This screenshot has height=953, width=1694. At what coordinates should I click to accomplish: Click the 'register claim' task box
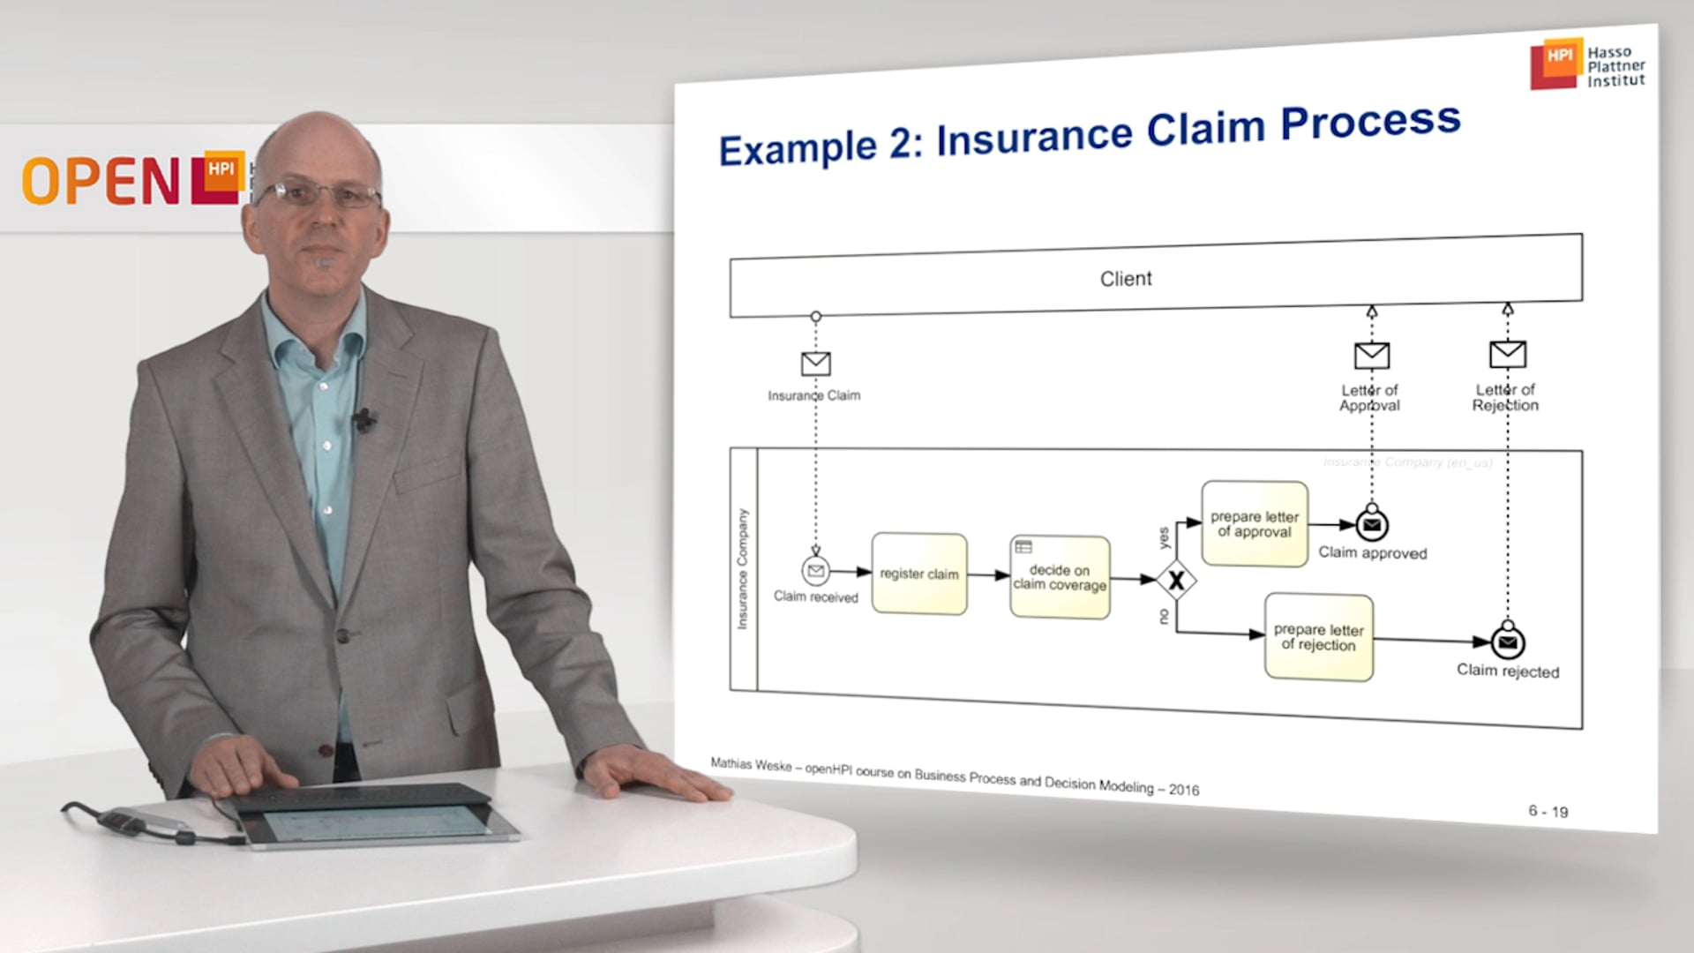pyautogui.click(x=918, y=574)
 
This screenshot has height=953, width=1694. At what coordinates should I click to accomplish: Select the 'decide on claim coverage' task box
pyautogui.click(x=1060, y=577)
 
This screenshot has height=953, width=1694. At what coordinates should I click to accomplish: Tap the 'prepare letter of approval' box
pyautogui.click(x=1254, y=524)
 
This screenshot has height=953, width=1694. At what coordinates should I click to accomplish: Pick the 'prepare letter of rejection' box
pyautogui.click(x=1318, y=637)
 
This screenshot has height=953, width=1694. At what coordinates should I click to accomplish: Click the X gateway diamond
pyautogui.click(x=1176, y=581)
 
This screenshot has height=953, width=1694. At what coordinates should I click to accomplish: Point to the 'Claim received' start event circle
pyautogui.click(x=816, y=571)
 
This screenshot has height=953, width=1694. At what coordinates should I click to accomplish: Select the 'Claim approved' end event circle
pyautogui.click(x=1371, y=525)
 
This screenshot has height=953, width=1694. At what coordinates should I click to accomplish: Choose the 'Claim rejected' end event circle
pyautogui.click(x=1508, y=642)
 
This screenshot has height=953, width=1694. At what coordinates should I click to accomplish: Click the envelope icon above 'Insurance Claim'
pyautogui.click(x=815, y=364)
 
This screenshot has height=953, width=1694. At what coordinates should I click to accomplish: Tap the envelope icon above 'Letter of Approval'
pyautogui.click(x=1371, y=356)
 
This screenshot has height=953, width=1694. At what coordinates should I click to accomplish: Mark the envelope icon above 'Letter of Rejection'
pyautogui.click(x=1507, y=354)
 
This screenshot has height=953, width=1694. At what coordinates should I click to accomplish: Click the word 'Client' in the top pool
pyautogui.click(x=1126, y=279)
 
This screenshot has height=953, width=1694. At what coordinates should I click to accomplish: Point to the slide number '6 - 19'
pyautogui.click(x=1548, y=811)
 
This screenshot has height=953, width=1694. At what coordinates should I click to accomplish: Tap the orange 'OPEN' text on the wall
pyautogui.click(x=101, y=182)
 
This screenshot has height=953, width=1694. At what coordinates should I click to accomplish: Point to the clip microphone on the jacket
pyautogui.click(x=363, y=420)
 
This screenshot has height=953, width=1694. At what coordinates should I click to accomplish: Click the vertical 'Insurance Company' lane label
pyautogui.click(x=743, y=569)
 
